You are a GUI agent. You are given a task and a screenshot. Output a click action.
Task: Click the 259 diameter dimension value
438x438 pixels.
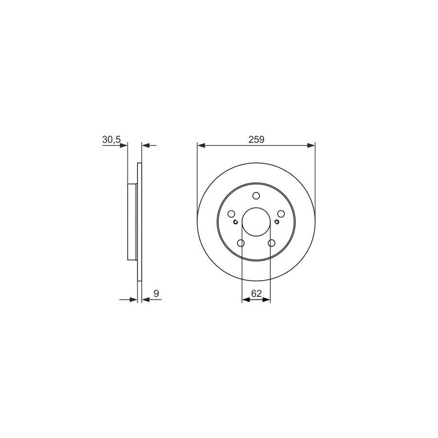point(256,140)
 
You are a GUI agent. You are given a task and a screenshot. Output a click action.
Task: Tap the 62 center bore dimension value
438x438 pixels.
point(256,293)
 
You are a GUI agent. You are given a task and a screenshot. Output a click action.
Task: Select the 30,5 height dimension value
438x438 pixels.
point(111,140)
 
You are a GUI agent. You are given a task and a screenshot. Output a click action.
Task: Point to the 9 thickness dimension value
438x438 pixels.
point(156,293)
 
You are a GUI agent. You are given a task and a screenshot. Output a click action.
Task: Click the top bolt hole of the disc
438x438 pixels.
point(256,196)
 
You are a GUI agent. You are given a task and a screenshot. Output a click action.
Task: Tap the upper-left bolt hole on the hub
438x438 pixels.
point(232,214)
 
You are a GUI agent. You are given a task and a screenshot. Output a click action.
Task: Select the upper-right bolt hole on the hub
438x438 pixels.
point(281,214)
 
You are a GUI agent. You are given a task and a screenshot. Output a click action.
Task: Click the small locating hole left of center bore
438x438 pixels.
point(236,222)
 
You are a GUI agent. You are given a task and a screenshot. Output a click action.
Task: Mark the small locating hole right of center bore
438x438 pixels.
point(277,222)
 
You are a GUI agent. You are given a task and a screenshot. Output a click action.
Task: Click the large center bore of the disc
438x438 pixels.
point(256,222)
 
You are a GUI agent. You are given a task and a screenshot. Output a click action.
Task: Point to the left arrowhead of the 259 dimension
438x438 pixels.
point(201,145)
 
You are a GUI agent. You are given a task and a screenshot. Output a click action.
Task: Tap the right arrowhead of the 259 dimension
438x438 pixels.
point(311,145)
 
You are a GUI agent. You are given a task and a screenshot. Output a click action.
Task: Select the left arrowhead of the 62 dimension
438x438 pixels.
point(246,300)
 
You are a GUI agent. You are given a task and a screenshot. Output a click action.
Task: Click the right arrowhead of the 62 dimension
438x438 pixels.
point(267,300)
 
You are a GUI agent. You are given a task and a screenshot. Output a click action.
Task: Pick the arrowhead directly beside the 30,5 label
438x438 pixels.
point(124,145)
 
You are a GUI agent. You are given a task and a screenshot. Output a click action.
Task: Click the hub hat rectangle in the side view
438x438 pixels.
point(132,222)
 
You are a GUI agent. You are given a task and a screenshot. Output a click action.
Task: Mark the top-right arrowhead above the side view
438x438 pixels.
point(146,145)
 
